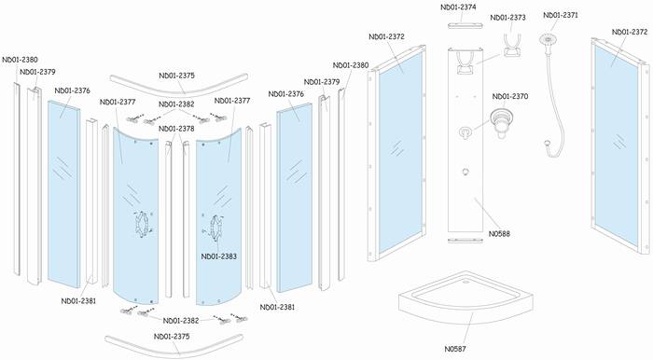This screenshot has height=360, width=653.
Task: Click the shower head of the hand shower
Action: (x=548, y=40)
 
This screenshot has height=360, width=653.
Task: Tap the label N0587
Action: (x=455, y=349)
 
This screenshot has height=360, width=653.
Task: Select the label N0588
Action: (x=499, y=234)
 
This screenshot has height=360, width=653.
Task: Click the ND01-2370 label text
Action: (x=510, y=97)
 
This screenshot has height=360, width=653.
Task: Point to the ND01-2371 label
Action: (x=561, y=16)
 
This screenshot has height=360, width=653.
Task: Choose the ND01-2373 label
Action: (x=508, y=18)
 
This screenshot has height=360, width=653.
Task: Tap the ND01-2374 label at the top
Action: (x=458, y=7)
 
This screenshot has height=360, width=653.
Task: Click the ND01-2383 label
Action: (x=219, y=256)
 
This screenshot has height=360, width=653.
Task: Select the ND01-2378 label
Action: (x=176, y=129)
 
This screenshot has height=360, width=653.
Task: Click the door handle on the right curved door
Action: (x=216, y=228)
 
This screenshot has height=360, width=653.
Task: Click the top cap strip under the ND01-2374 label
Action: (x=465, y=26)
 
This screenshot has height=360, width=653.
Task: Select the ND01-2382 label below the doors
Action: (x=181, y=321)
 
